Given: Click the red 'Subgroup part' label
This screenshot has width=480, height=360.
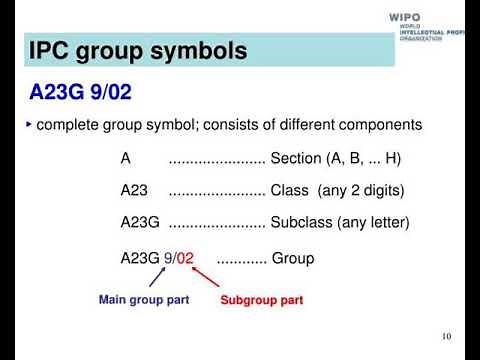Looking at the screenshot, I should [261, 300].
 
